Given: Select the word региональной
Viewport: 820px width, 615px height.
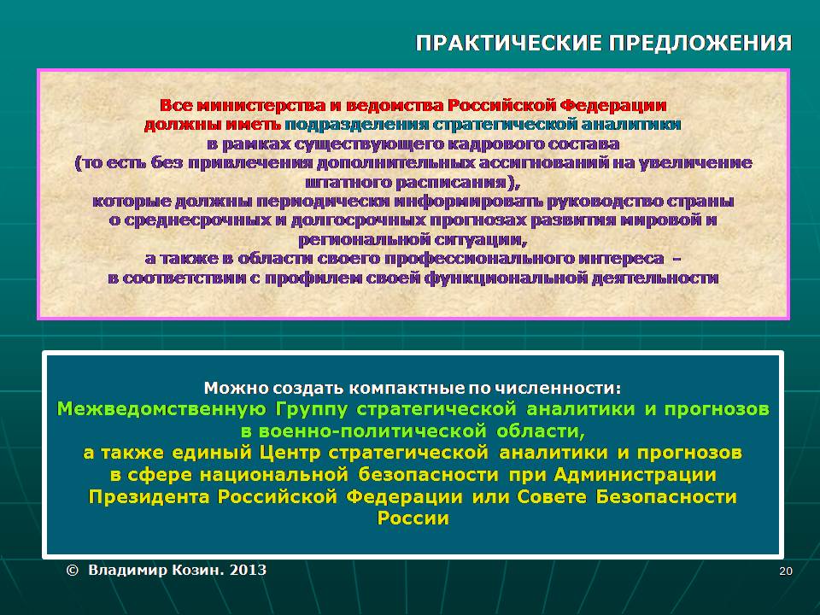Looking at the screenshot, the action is [364, 240].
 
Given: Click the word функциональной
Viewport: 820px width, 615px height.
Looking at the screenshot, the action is [507, 278].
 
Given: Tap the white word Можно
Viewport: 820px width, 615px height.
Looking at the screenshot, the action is [236, 389].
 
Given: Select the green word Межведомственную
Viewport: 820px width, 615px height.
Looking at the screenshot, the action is [161, 409].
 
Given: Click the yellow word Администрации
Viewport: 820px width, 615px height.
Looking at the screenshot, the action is [635, 475].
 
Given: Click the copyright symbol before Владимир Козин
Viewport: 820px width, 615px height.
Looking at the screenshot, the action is [73, 570].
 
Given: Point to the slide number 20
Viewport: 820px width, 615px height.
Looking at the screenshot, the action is [786, 571].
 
